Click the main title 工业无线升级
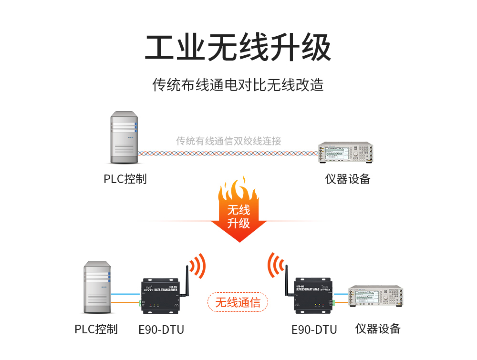pos(238,47)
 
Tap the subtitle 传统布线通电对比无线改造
pos(238,84)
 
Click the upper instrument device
pos(345,153)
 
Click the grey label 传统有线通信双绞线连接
pos(228,141)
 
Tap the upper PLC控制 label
pos(125,179)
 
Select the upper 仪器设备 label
pos(348,179)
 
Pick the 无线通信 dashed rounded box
pos(238,302)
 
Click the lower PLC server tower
pos(97,287)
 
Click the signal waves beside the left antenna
pos(198,265)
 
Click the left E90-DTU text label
pos(161,329)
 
